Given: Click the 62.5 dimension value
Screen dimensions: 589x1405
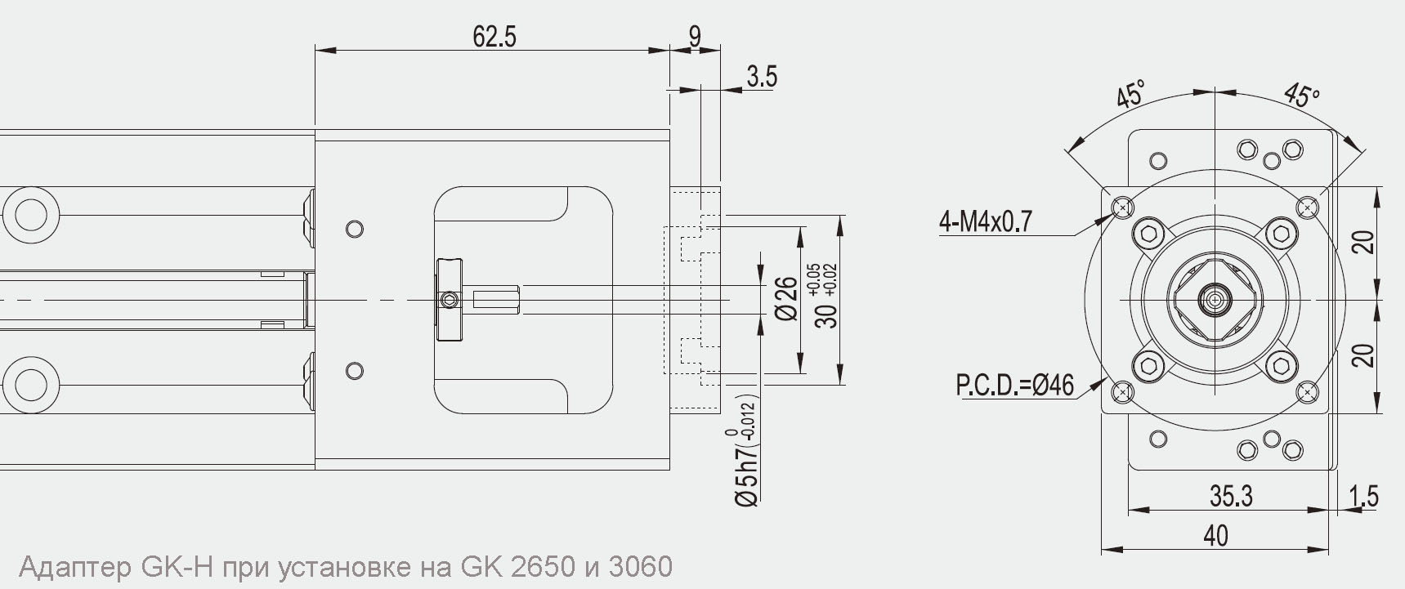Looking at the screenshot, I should pos(494,37).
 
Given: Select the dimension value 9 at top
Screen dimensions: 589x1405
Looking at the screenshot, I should pos(695,37).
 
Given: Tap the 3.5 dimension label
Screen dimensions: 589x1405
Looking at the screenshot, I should pos(761,77).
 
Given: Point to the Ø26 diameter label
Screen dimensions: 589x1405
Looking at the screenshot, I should pos(785,299).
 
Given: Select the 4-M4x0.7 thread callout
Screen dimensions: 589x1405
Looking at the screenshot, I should pos(986,221).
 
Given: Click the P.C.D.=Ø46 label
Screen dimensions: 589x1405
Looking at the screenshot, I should pos(1014,385).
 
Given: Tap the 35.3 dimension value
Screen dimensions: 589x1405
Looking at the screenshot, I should pos(1231,496).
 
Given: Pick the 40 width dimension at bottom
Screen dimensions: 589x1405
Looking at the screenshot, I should pos(1215,535).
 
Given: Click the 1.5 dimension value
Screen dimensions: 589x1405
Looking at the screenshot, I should pos(1363,496).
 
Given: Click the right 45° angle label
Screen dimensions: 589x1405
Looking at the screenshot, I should pos(1301,95).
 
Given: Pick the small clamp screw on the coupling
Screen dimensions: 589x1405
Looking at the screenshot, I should pos(447,301).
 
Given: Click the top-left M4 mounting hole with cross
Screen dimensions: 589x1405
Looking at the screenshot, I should pos(1123,208).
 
